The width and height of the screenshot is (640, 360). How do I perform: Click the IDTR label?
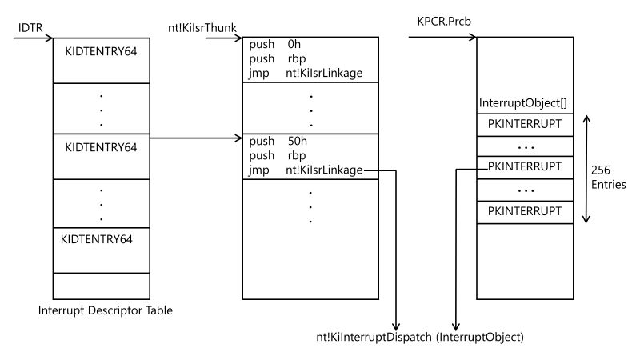point(30,28)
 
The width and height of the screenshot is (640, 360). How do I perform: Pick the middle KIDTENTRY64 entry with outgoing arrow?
point(101,147)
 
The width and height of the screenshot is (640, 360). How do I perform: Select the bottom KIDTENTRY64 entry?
point(96,238)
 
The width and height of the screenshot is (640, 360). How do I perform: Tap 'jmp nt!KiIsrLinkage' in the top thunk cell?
point(306,74)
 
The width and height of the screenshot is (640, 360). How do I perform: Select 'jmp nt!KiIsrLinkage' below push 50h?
point(306,170)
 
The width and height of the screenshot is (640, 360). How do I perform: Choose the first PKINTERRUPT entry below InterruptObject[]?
point(525,124)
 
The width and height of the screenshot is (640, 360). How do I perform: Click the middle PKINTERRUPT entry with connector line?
point(525,168)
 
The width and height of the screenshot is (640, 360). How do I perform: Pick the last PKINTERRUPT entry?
point(525,212)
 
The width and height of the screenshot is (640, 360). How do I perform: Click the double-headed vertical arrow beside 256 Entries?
point(587,169)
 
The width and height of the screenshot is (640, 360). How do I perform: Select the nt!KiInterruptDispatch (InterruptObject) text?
point(419,337)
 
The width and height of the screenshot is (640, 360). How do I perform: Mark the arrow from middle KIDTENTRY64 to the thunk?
point(196,138)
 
